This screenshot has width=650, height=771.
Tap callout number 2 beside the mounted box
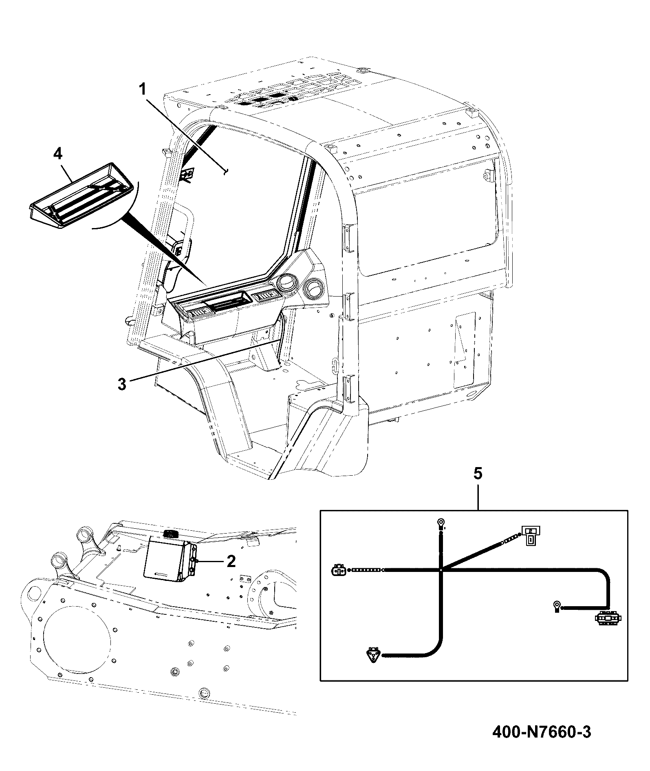tap(231, 561)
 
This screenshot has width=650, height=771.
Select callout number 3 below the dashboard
tap(122, 384)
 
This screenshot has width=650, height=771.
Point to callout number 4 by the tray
tap(58, 154)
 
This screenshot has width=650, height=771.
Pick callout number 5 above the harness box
tap(478, 474)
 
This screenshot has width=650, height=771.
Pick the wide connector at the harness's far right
tap(607, 619)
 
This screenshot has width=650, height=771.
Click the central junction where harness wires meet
tap(441, 569)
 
